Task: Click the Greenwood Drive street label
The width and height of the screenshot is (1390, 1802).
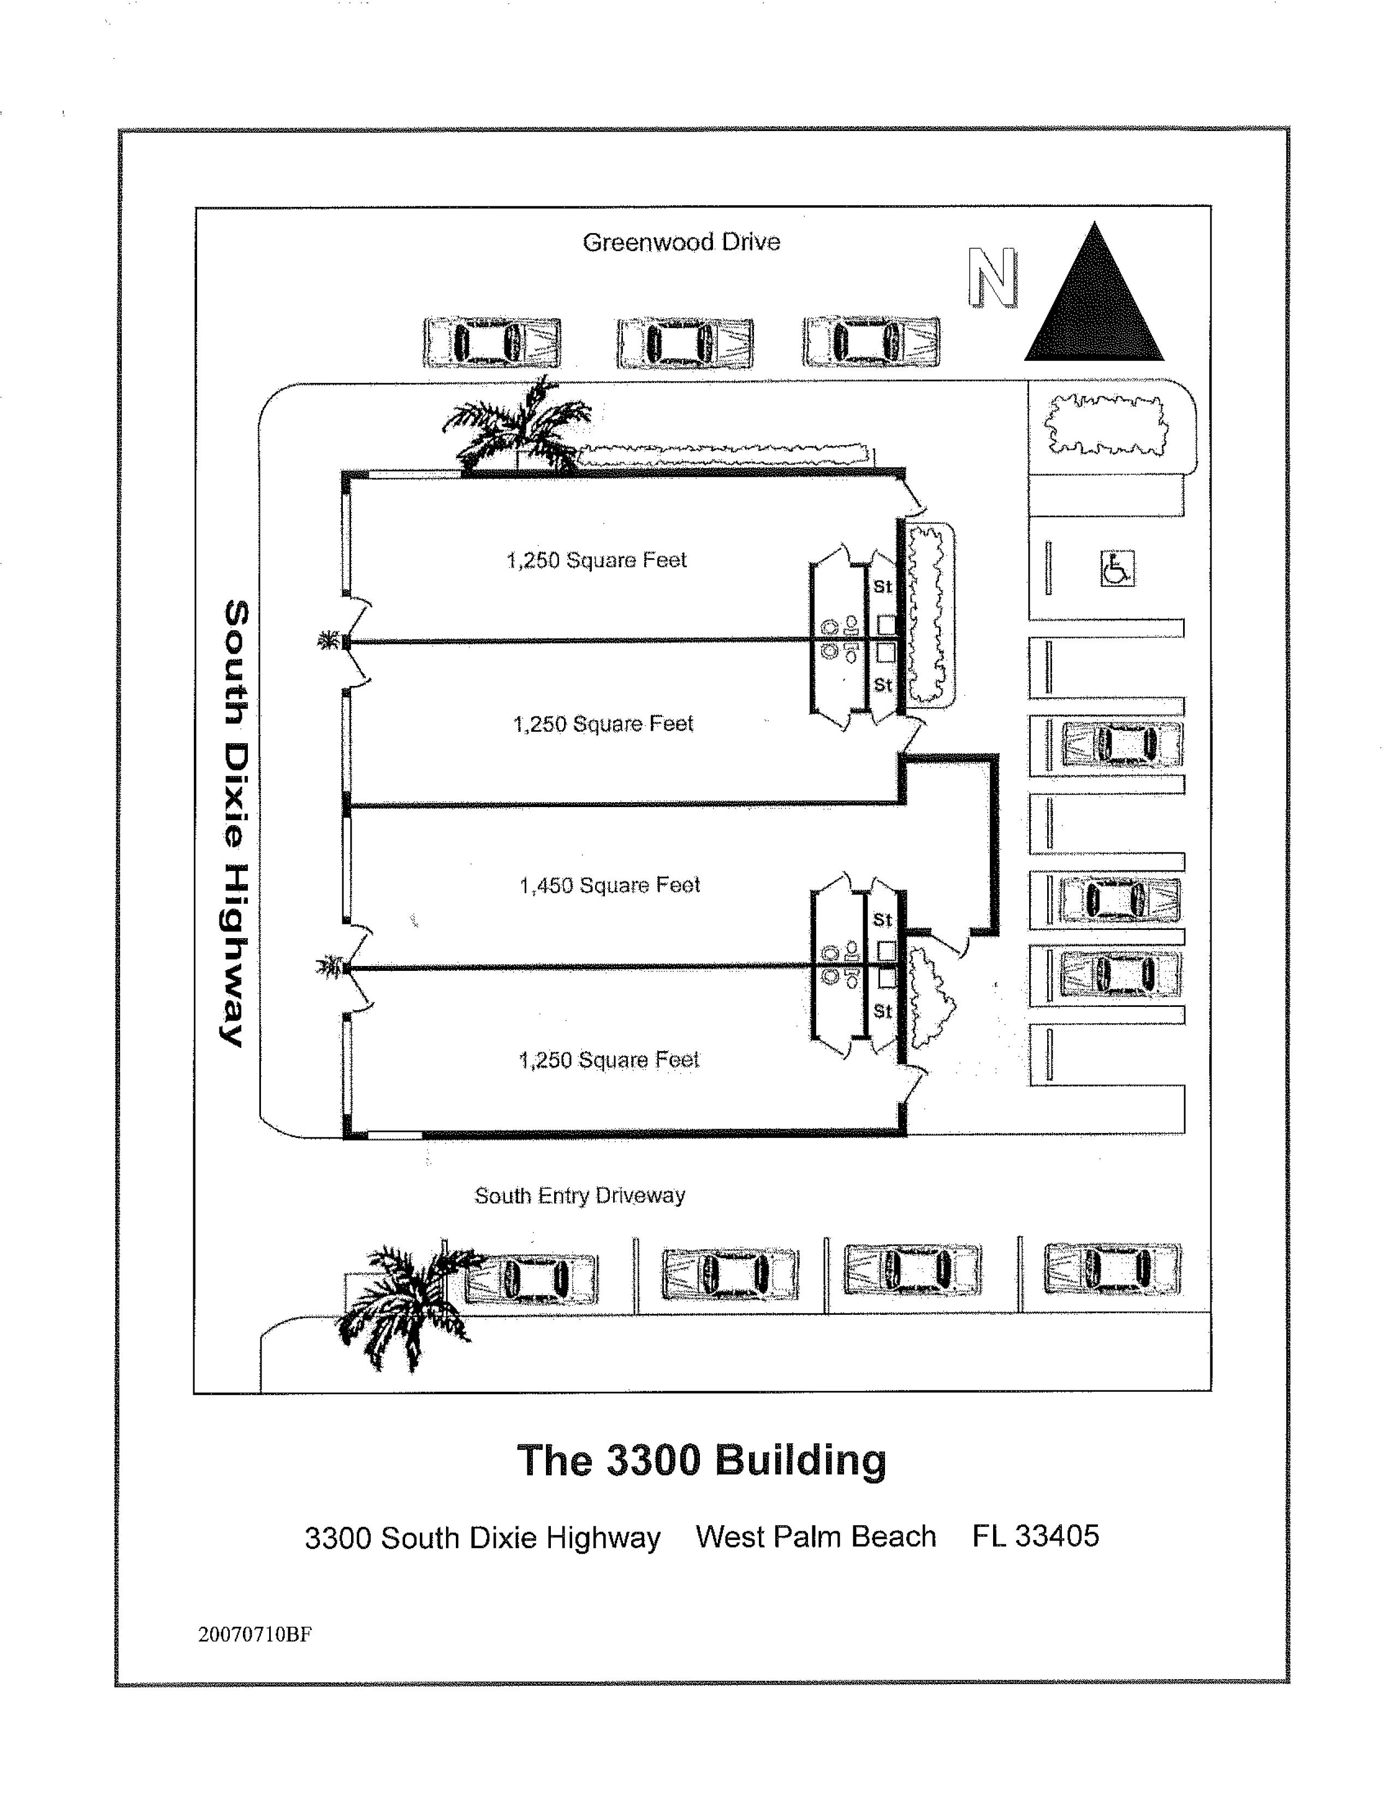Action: point(681,242)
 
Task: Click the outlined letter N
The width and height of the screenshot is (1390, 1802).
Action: point(993,278)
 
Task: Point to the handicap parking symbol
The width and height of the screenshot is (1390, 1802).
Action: point(1118,568)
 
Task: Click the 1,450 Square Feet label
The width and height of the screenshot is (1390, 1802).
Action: point(610,885)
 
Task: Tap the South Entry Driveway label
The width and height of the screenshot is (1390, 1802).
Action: point(580,1195)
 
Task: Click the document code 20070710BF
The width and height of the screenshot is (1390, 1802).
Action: point(255,1634)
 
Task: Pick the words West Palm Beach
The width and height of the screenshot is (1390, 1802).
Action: point(816,1536)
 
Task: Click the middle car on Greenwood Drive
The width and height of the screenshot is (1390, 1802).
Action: point(685,342)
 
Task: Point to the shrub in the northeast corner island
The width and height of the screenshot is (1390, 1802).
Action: point(1106,425)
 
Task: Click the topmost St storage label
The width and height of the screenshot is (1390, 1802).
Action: point(883,586)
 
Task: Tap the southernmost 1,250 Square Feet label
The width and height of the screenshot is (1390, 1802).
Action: point(609,1059)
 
